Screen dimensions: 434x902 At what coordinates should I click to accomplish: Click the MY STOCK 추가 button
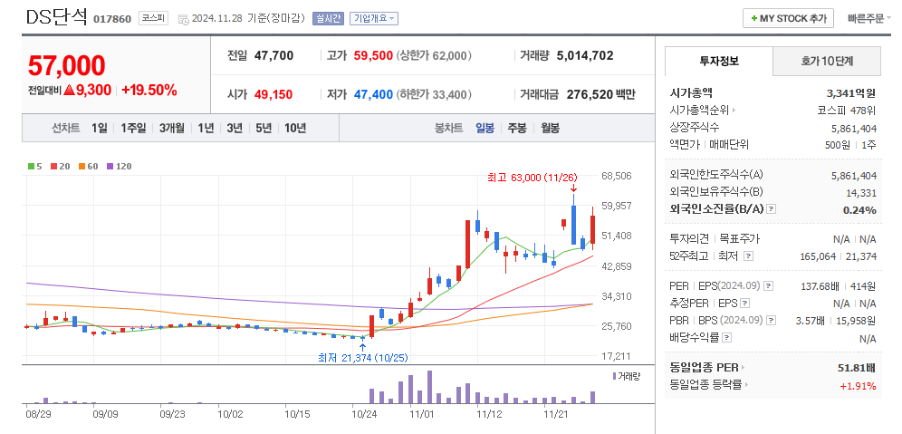(788, 18)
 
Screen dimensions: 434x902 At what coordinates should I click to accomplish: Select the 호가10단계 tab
(827, 61)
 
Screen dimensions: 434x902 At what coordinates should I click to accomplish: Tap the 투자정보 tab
(719, 61)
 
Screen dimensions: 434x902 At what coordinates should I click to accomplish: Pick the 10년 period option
(295, 128)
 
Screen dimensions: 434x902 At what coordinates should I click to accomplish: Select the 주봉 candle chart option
(517, 128)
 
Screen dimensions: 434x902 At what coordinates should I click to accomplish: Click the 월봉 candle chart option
(550, 128)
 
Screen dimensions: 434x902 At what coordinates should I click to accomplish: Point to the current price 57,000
(67, 65)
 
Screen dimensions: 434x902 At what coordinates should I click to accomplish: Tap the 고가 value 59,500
(373, 55)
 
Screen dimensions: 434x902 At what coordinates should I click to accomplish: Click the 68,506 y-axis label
(616, 175)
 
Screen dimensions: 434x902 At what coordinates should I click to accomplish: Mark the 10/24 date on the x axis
(364, 413)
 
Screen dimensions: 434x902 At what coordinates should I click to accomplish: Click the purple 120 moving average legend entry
(120, 166)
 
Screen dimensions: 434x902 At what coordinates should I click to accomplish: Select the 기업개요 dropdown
(373, 18)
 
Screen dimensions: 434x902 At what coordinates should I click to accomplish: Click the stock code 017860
(112, 19)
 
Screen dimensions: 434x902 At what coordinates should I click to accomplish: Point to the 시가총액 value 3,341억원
(851, 92)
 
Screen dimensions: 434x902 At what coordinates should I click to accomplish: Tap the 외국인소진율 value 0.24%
(859, 210)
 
